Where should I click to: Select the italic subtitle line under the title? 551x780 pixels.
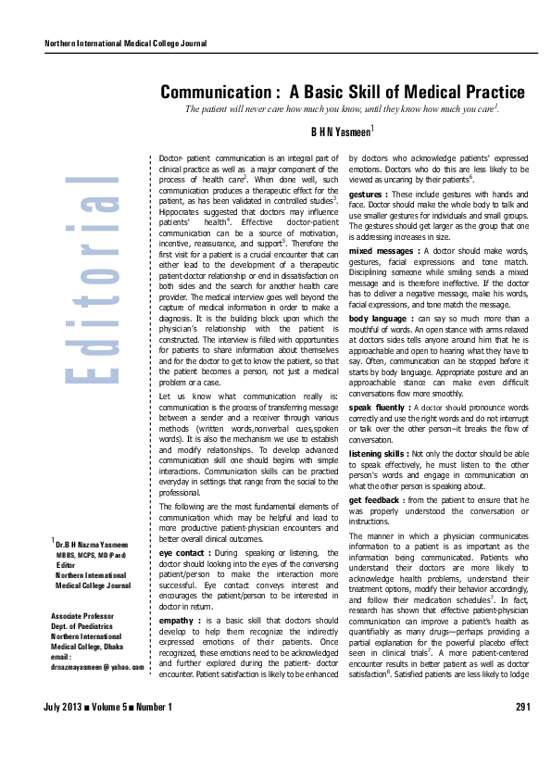tap(342, 109)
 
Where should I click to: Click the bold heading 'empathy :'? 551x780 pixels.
tap(180, 594)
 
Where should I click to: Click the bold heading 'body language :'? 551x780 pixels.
tap(382, 319)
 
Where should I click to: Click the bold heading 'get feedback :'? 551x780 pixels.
tap(376, 500)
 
